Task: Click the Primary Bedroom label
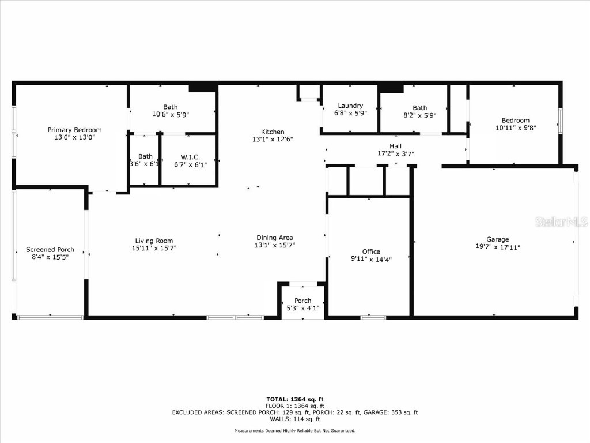[x=74, y=130]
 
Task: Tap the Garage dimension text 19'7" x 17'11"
[x=497, y=247]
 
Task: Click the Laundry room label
[x=350, y=106]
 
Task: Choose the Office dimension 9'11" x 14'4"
[x=371, y=259]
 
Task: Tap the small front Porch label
[x=302, y=301]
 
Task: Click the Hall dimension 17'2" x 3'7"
[x=395, y=154]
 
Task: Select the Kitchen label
[x=272, y=132]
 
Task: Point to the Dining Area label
[x=274, y=238]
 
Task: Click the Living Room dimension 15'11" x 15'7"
[x=154, y=248]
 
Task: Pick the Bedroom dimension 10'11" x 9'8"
[x=515, y=128]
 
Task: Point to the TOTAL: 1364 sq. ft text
[x=294, y=399]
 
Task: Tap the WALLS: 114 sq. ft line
[x=294, y=420]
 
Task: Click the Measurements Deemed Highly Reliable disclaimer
[x=294, y=431]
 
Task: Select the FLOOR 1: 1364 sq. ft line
[x=294, y=406]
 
